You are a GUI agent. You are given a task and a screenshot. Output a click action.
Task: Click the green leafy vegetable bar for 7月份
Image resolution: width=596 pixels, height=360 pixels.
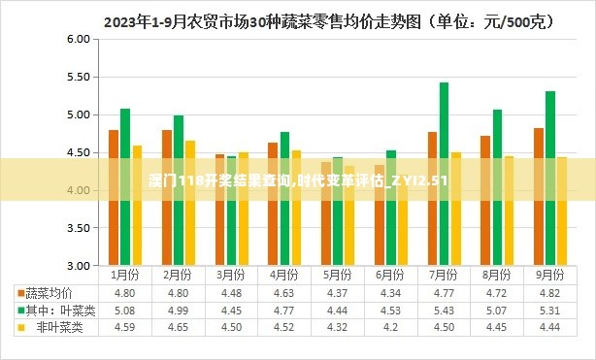click(x=444, y=174)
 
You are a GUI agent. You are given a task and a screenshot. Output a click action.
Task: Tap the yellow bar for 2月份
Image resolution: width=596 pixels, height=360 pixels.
click(x=190, y=203)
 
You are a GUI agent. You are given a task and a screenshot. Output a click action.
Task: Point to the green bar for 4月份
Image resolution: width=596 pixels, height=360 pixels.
click(x=284, y=198)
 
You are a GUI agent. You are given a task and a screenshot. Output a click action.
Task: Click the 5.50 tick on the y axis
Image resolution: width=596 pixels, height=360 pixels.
click(x=78, y=77)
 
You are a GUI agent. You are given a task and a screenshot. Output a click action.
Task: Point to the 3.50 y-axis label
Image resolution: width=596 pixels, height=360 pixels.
click(x=78, y=228)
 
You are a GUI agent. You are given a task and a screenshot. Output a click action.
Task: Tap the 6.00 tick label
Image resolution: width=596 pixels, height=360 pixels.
click(x=78, y=39)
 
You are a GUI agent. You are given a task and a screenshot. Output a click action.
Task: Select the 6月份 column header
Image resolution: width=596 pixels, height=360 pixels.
click(x=391, y=275)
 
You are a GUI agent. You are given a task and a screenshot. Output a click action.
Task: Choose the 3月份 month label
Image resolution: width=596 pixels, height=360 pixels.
click(x=231, y=275)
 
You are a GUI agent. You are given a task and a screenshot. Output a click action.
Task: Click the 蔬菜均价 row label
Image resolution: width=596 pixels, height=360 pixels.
click(x=49, y=292)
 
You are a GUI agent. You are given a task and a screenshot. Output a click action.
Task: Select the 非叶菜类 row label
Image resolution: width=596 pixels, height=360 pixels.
click(x=59, y=327)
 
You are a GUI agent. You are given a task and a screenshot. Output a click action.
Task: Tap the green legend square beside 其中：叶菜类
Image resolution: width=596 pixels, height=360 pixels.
click(x=19, y=311)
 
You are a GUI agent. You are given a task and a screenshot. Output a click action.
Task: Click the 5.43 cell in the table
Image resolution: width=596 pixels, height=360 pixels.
click(x=445, y=310)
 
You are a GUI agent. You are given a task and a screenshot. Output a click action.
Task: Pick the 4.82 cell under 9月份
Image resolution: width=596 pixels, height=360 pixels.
click(x=549, y=292)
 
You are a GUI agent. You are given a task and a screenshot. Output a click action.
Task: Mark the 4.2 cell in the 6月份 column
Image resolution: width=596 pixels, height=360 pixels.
click(x=391, y=327)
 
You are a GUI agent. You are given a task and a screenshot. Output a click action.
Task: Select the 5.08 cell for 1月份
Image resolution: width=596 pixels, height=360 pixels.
click(x=124, y=310)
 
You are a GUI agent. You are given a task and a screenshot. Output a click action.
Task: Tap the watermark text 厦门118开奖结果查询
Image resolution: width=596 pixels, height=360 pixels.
click(x=232, y=181)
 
